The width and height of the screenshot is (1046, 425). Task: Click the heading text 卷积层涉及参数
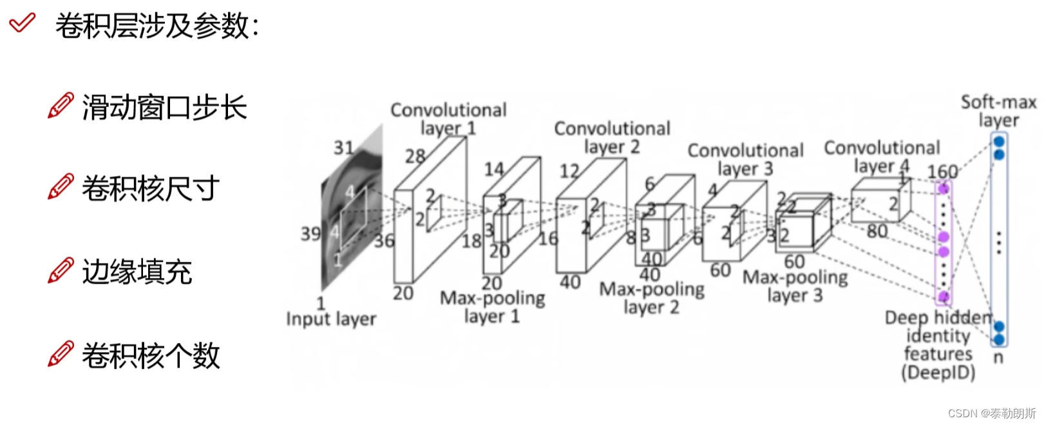[157, 26]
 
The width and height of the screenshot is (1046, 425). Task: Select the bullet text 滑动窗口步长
[164, 107]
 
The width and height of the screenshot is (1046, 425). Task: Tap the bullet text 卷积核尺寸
[151, 188]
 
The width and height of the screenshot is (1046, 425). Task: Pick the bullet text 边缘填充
[137, 272]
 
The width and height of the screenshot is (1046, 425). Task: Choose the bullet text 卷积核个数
[151, 355]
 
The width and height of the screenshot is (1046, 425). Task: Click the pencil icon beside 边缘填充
[61, 271]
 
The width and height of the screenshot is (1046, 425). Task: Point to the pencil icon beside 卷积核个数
[61, 354]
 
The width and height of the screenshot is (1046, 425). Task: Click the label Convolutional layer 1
[448, 119]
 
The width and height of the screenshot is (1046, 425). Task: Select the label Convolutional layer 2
[612, 137]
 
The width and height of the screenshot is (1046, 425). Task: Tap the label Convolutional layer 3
[745, 159]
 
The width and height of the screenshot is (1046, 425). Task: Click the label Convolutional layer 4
[882, 157]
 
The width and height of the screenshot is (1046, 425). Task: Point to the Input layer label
[331, 319]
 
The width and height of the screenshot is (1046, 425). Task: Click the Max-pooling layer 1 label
[492, 307]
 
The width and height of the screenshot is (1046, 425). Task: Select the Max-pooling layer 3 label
[795, 286]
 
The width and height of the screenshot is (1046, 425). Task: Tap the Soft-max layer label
[998, 111]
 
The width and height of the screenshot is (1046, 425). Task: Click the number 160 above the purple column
[942, 172]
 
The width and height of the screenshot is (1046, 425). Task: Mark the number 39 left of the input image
[310, 233]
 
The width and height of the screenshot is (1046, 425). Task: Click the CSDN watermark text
[992, 413]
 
